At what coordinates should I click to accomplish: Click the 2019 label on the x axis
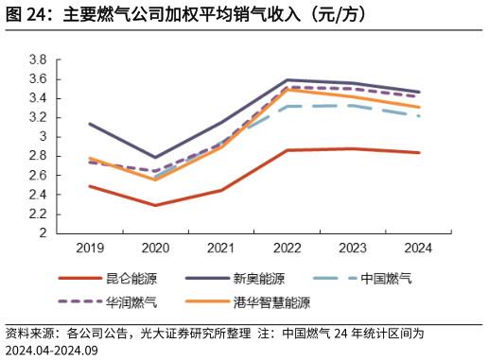(90, 248)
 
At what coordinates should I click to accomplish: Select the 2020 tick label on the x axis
(155, 248)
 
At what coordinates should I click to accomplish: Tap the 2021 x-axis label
(221, 248)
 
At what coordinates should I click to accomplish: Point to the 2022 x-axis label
(287, 248)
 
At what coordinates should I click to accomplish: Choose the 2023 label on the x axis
(353, 248)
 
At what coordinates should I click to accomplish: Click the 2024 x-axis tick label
(418, 248)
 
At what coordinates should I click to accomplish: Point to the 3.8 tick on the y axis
(39, 60)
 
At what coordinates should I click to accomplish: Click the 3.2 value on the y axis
(39, 117)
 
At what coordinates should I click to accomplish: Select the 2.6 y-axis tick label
(39, 175)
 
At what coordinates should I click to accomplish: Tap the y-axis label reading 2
(44, 232)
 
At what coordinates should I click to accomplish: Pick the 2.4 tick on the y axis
(39, 195)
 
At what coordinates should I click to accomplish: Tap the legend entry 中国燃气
(387, 279)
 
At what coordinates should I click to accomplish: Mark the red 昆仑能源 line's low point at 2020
(155, 205)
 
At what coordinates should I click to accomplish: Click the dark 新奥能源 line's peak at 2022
(287, 80)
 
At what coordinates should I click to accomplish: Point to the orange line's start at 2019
(90, 158)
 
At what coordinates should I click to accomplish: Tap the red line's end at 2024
(418, 152)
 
